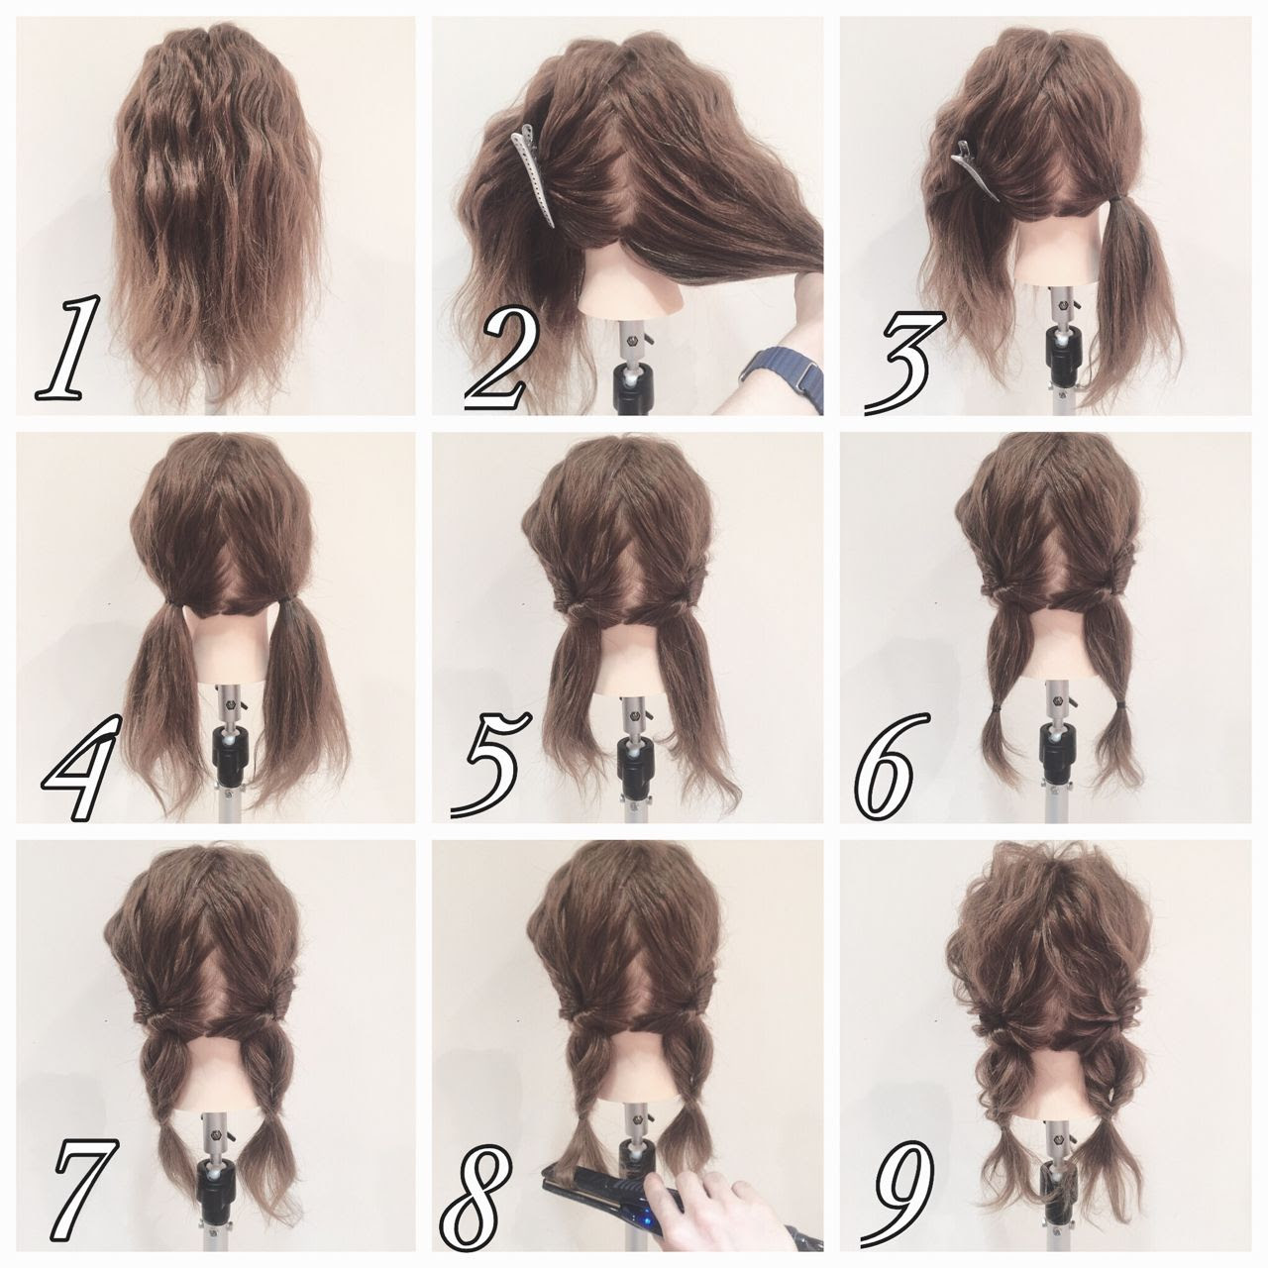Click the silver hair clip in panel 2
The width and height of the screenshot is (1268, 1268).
click(x=534, y=175)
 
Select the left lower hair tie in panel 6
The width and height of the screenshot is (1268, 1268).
click(x=997, y=708)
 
